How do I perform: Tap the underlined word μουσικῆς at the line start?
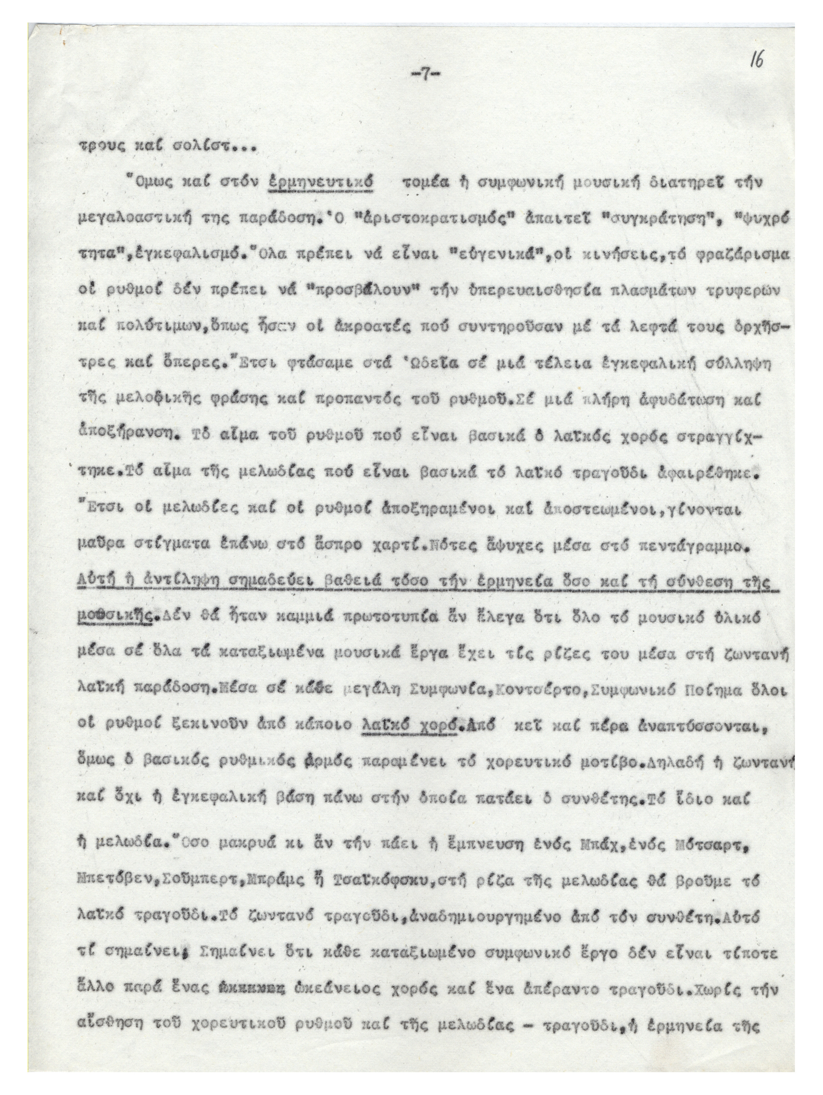(x=114, y=620)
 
